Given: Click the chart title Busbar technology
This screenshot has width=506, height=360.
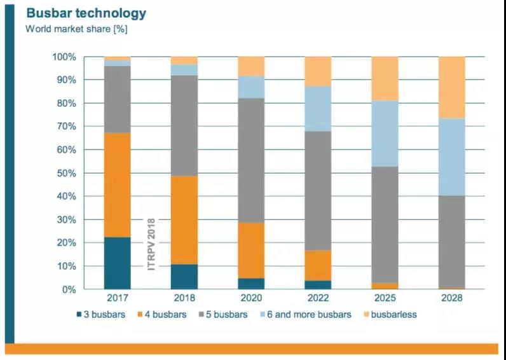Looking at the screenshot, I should (x=86, y=13).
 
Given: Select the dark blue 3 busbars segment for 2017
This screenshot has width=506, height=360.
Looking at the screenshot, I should (x=118, y=263).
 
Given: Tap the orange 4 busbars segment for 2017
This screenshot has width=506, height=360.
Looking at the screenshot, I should (x=118, y=184).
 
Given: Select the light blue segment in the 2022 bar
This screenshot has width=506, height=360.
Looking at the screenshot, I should (x=318, y=109).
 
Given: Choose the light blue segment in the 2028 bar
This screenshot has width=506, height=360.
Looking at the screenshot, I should (x=451, y=156).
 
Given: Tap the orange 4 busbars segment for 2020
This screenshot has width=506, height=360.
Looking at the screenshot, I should (x=251, y=250).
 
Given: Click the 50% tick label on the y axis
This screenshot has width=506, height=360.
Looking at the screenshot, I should (x=64, y=173).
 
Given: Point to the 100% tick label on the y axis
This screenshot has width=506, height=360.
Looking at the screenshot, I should (x=62, y=57).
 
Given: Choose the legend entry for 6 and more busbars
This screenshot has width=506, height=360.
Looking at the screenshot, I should (x=308, y=314).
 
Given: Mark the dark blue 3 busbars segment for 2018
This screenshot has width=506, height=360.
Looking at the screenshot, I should (x=184, y=277).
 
